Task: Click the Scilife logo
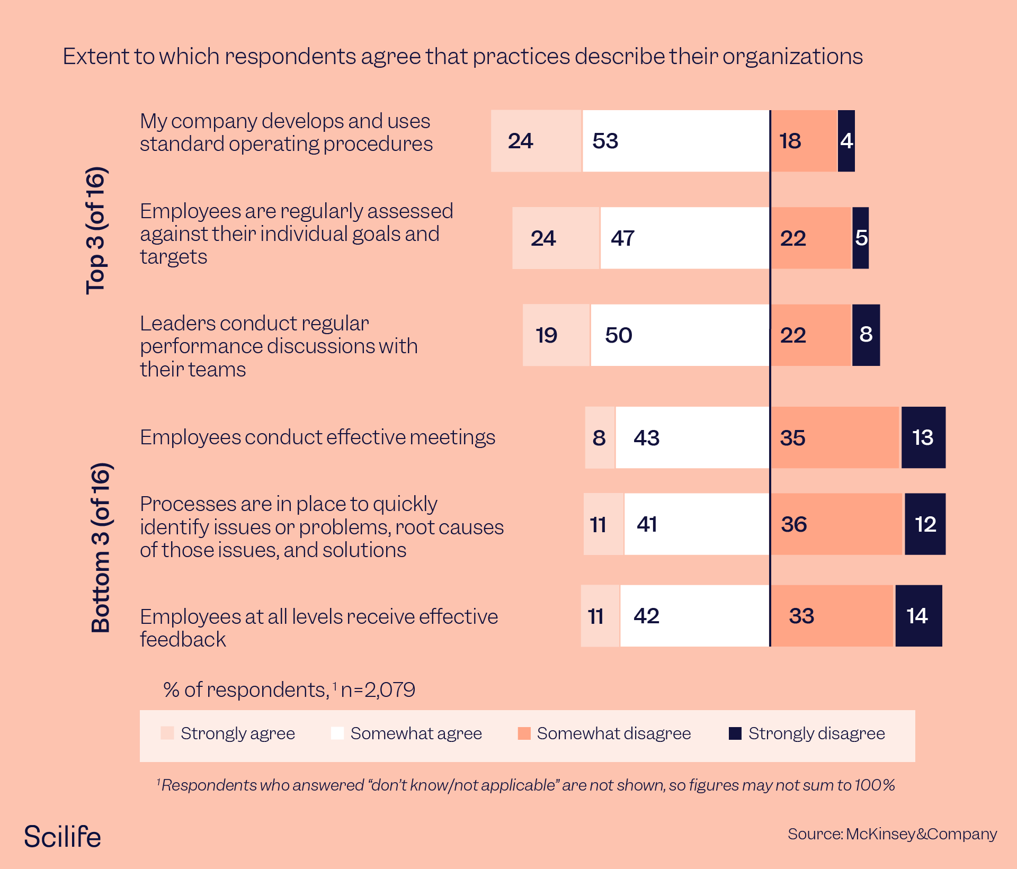pos(63,837)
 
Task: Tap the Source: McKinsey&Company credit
pos(892,834)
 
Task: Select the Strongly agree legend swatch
pos(167,733)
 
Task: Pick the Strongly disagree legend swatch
pos(735,733)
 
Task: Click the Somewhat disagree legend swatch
pos(524,733)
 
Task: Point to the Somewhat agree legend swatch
pos(337,733)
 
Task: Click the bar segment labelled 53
pos(676,141)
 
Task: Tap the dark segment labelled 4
pos(846,141)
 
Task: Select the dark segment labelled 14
pos(918,616)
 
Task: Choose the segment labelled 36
pos(837,524)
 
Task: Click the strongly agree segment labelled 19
pos(556,335)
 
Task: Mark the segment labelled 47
pos(685,238)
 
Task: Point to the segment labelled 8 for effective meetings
pos(600,438)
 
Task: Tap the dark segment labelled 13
pos(923,438)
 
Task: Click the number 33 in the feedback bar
pos(801,616)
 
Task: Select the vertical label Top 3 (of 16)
pos(97,231)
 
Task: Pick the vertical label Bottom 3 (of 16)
pos(101,548)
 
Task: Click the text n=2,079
pos(378,689)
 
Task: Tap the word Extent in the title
pos(96,57)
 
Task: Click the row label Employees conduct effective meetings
pos(317,437)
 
